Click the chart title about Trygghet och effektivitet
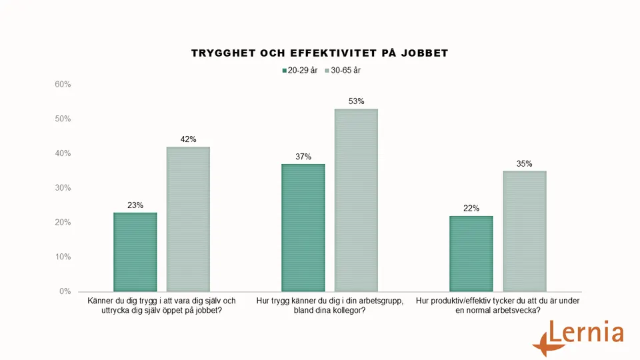[319, 53]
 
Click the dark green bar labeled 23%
[135, 252]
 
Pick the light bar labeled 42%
[188, 219]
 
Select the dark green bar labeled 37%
[303, 228]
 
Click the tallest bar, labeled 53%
[356, 200]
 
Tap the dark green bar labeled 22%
[471, 253]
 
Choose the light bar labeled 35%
[525, 231]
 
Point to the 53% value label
[356, 101]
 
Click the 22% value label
[471, 209]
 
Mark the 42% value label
[188, 139]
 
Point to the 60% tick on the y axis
[63, 85]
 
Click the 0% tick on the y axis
[65, 291]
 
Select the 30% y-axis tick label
[63, 188]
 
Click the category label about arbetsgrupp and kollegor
[329, 305]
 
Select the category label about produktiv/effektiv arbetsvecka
[498, 305]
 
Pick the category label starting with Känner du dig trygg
[161, 305]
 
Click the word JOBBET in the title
[424, 53]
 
